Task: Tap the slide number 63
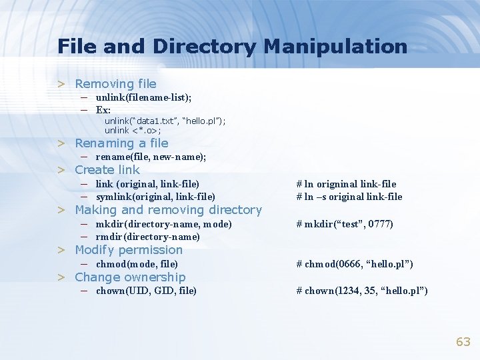pos(463,342)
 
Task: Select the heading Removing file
pos(115,84)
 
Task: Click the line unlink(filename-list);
pos(143,97)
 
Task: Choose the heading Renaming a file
pos(121,143)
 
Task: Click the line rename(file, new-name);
pos(150,157)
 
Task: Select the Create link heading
pos(107,170)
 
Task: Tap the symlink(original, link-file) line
pos(155,197)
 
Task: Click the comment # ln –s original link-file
pos(349,197)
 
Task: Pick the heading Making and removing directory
pos(168,210)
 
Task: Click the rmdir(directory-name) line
pos(147,237)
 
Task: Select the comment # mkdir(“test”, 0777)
pos(345,224)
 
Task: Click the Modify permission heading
pos(129,250)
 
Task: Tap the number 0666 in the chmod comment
pos(346,264)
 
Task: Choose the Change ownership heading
pos(130,277)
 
